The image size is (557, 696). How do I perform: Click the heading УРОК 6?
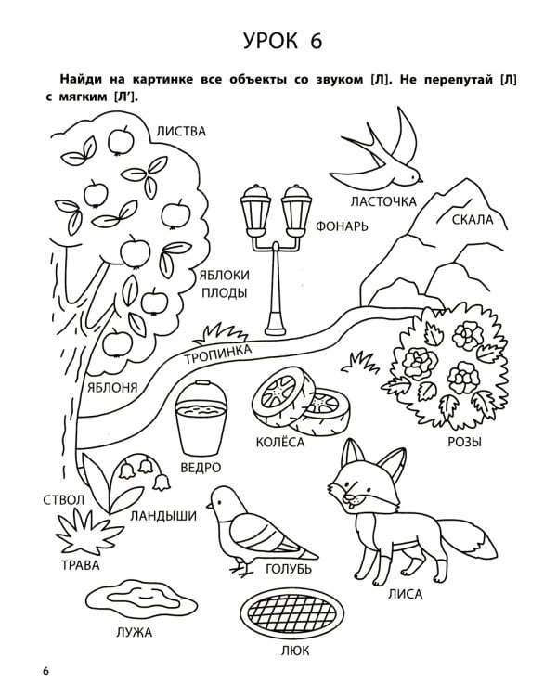tap(282, 41)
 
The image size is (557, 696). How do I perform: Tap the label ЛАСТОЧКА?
tap(383, 202)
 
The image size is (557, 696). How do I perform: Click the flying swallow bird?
tap(382, 153)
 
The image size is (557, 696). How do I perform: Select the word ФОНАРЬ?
tap(342, 226)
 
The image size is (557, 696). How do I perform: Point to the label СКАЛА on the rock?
tap(473, 219)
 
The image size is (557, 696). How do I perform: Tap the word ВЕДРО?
tap(201, 468)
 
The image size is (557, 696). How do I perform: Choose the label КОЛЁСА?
tap(280, 442)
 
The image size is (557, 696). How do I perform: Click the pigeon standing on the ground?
tap(257, 528)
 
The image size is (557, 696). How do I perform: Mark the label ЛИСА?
tap(405, 594)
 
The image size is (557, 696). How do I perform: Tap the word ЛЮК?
tap(294, 651)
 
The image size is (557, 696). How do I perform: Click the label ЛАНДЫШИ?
tap(163, 516)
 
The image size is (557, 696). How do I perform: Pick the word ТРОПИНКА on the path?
tap(218, 354)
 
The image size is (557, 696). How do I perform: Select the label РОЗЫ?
tap(464, 442)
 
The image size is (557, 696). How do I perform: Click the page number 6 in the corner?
tap(46, 671)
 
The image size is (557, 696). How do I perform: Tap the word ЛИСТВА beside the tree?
tap(181, 132)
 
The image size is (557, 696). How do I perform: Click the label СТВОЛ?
tap(63, 500)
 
